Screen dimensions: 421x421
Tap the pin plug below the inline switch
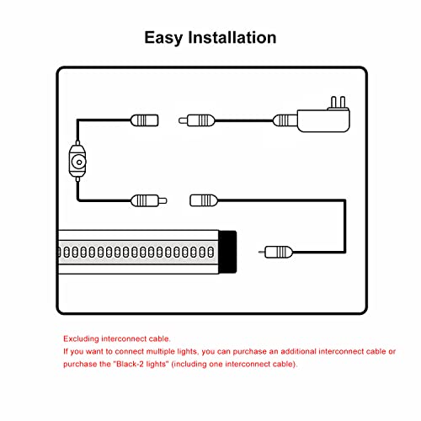(148, 200)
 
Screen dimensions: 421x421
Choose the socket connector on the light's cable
(205, 200)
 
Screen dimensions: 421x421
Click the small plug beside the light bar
(279, 251)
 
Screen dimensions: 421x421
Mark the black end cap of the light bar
(227, 251)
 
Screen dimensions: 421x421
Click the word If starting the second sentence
(66, 350)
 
